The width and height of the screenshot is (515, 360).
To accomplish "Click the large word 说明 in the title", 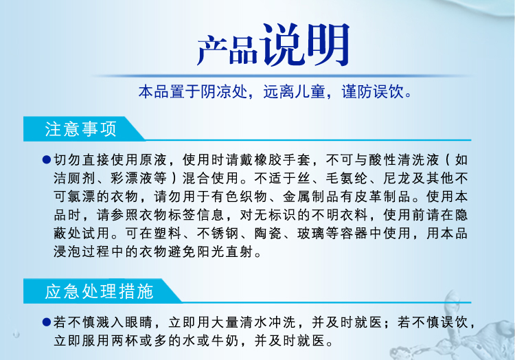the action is pos(305,45).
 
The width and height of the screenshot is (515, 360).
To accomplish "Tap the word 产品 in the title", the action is pos(227,49).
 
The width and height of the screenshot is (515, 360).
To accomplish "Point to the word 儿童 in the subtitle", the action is pos(310,91).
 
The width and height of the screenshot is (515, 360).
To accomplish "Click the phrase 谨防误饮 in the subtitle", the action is pos(372,91).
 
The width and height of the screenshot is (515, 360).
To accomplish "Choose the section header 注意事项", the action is pos(80,128).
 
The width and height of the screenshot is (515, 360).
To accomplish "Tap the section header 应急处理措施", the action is pos(99,291).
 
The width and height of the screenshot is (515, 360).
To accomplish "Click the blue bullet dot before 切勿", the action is pos(47,160).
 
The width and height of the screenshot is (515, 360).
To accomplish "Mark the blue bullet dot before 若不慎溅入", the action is pos(47,322).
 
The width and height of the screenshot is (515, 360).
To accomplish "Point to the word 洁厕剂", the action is pos(75,179).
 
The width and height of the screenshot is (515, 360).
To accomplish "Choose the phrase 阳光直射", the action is pos(225,252).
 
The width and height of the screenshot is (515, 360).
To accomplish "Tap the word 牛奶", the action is pos(225,341).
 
